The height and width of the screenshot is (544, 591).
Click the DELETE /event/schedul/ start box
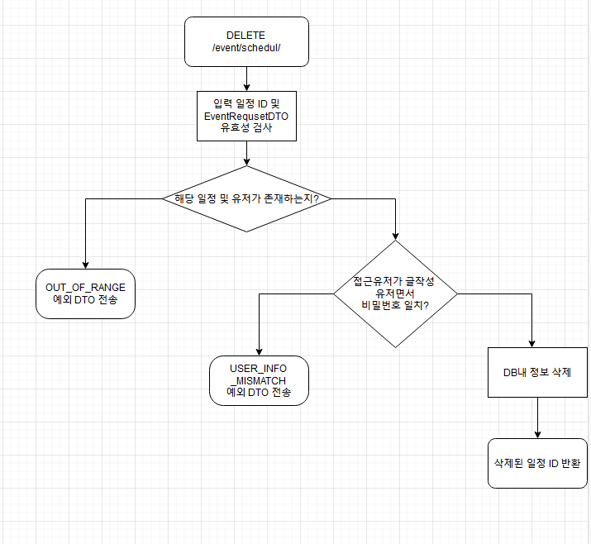[246, 41]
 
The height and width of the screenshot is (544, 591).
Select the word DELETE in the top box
[245, 36]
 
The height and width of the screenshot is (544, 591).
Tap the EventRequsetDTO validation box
[246, 117]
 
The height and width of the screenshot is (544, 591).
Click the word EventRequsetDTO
[246, 117]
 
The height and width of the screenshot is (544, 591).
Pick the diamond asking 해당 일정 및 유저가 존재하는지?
[246, 198]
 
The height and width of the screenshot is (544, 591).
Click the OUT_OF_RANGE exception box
[85, 293]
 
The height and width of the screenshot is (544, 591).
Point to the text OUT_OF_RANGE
[85, 287]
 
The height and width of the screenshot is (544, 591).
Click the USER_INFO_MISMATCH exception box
[259, 380]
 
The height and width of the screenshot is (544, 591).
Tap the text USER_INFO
[259, 366]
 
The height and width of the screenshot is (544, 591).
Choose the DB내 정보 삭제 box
[537, 372]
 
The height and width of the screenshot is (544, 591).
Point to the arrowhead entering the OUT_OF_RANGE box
[85, 264]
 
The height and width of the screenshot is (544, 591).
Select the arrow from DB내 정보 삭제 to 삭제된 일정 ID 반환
[537, 418]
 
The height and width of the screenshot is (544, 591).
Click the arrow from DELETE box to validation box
[246, 79]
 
